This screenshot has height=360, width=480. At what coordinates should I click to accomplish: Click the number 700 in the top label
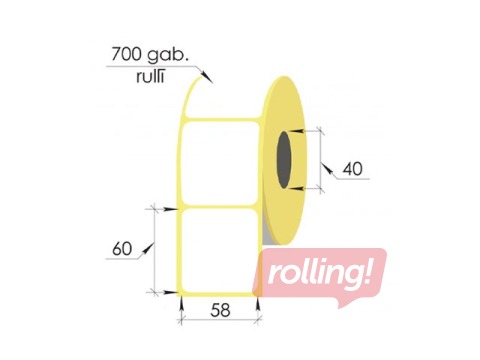pos(126,54)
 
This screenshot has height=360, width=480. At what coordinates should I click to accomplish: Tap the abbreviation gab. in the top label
pos(166,55)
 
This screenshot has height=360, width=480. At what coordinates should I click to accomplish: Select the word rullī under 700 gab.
pos(150,76)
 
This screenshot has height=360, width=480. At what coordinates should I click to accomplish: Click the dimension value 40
pos(352,169)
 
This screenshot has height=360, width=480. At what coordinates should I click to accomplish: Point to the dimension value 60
pos(122,249)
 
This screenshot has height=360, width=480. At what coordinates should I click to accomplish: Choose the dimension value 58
pos(220,310)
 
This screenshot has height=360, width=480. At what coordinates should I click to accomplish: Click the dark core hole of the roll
pos(284,159)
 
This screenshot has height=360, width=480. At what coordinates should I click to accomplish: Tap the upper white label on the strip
pos(220,163)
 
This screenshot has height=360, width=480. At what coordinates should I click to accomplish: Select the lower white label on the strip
pos(220,251)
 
